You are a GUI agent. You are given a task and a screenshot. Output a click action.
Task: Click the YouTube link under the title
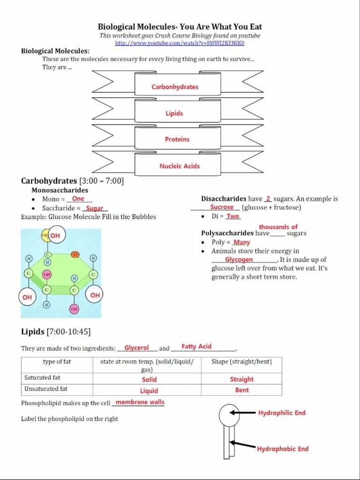180,43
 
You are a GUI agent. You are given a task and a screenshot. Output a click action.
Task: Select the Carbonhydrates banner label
175,87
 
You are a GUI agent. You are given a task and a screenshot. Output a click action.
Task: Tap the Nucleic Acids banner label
180,166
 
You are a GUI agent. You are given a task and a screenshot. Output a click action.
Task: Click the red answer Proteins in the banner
177,139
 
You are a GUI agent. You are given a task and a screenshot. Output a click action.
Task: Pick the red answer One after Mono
78,199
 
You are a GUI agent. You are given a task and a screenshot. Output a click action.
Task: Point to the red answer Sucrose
222,207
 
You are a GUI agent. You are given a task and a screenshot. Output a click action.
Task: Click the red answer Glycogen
239,260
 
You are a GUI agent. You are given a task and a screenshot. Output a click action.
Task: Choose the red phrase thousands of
278,227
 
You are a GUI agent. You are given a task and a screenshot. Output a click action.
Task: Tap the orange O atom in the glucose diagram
75,254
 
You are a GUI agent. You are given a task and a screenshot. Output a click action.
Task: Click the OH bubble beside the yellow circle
55,235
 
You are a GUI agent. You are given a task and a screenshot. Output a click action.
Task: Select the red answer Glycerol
136,348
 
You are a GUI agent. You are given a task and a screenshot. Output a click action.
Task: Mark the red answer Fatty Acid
196,346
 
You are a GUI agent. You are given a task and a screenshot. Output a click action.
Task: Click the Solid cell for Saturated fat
149,379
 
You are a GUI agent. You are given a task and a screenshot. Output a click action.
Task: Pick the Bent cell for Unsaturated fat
242,390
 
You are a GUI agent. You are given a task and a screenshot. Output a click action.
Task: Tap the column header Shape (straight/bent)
241,362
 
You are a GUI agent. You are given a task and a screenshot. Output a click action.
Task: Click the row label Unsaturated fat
46,389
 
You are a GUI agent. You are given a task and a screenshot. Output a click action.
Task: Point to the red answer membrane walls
140,402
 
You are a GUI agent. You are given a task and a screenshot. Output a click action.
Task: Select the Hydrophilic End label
282,413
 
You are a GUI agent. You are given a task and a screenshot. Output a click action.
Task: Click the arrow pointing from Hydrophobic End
242,444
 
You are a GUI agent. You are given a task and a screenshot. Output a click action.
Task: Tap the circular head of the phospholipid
230,414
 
